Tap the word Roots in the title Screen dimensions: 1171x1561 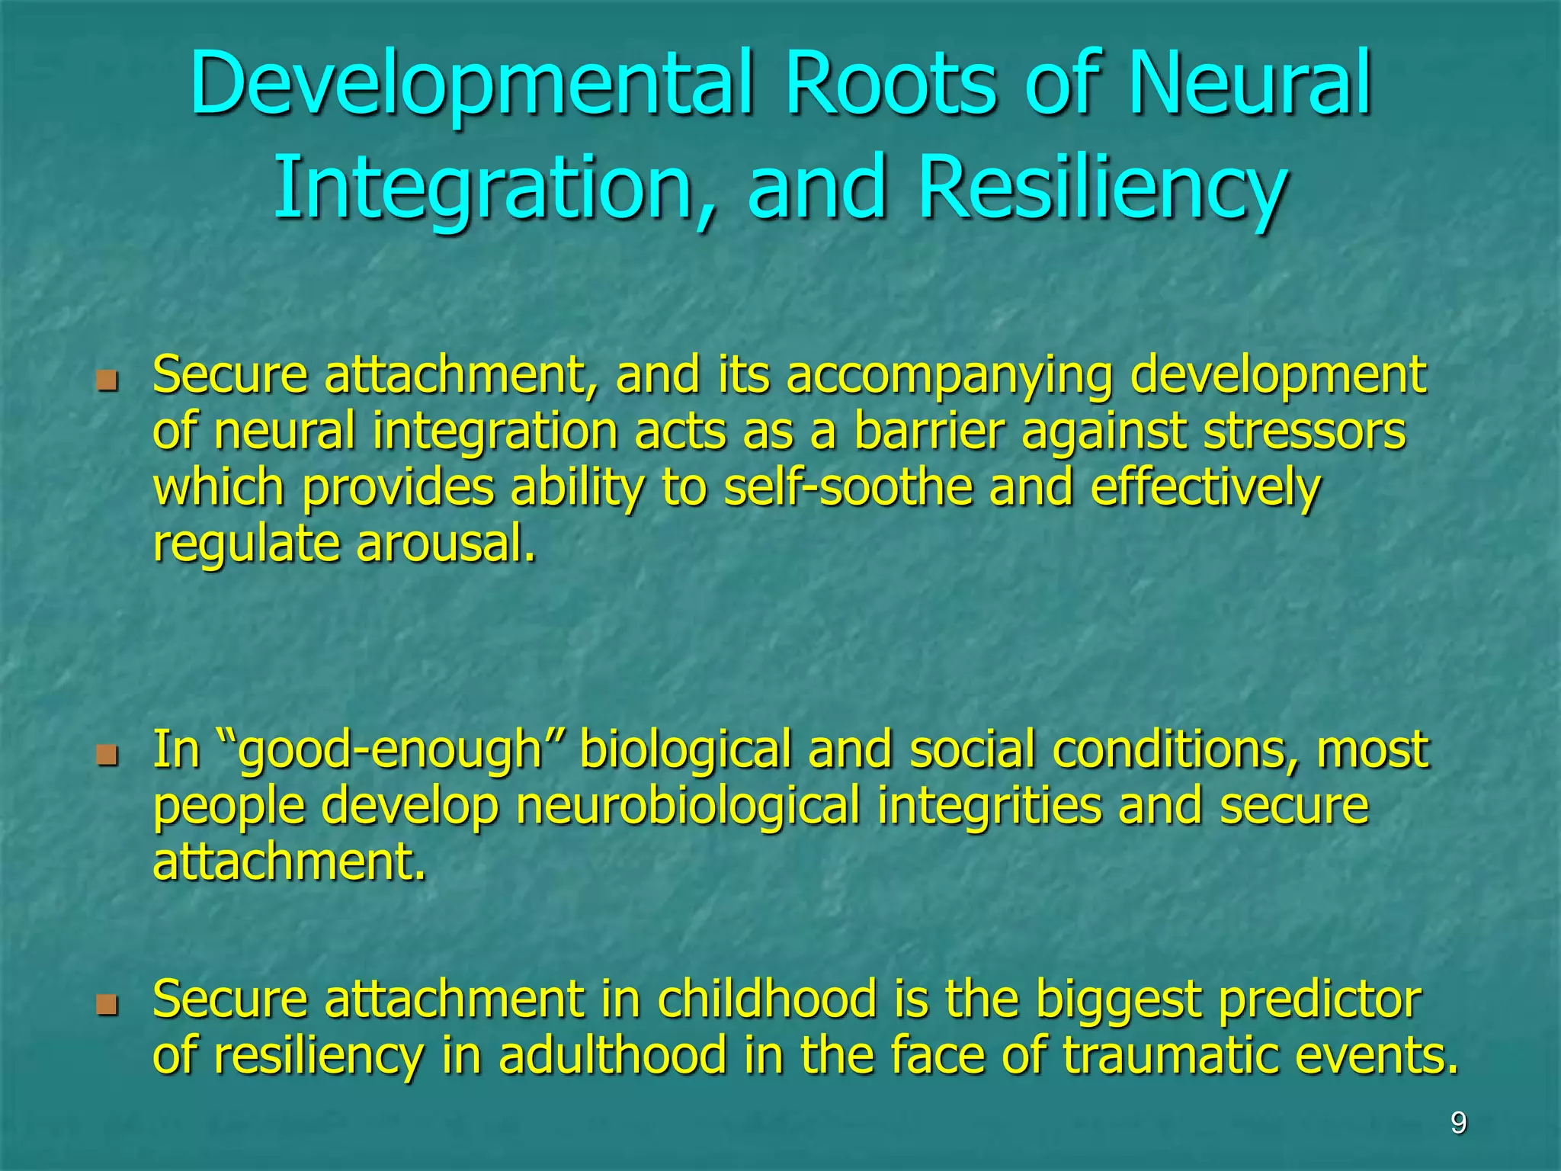(x=890, y=84)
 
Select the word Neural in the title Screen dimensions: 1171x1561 (x=1250, y=84)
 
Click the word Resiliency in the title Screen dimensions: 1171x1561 (x=1102, y=188)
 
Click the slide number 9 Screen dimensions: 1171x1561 (x=1458, y=1123)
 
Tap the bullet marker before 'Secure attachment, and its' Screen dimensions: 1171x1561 (x=107, y=379)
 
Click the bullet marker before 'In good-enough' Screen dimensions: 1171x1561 (x=107, y=755)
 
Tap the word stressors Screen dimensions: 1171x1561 (x=1304, y=432)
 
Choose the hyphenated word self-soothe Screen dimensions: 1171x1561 (x=848, y=488)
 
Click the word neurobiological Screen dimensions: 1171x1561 (x=688, y=807)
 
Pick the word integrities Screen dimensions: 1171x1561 (x=989, y=807)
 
